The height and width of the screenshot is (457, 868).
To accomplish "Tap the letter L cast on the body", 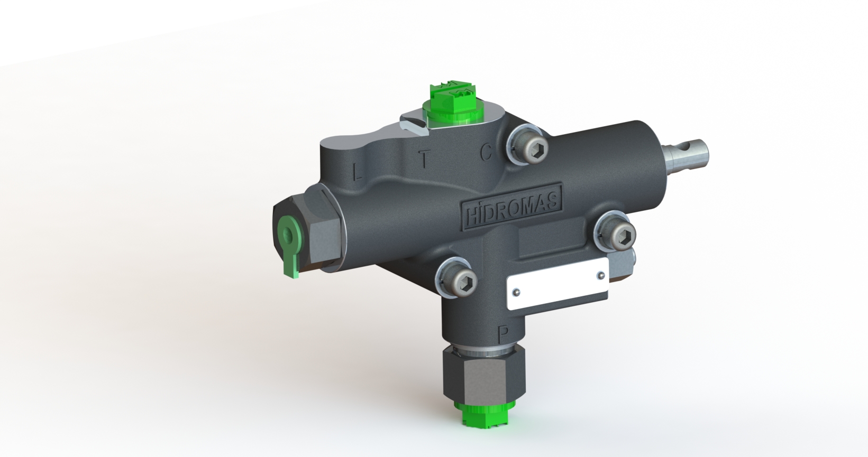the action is [357, 171].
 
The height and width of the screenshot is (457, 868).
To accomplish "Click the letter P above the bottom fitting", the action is [504, 334].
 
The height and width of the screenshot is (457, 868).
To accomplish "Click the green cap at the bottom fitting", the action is [484, 415].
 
